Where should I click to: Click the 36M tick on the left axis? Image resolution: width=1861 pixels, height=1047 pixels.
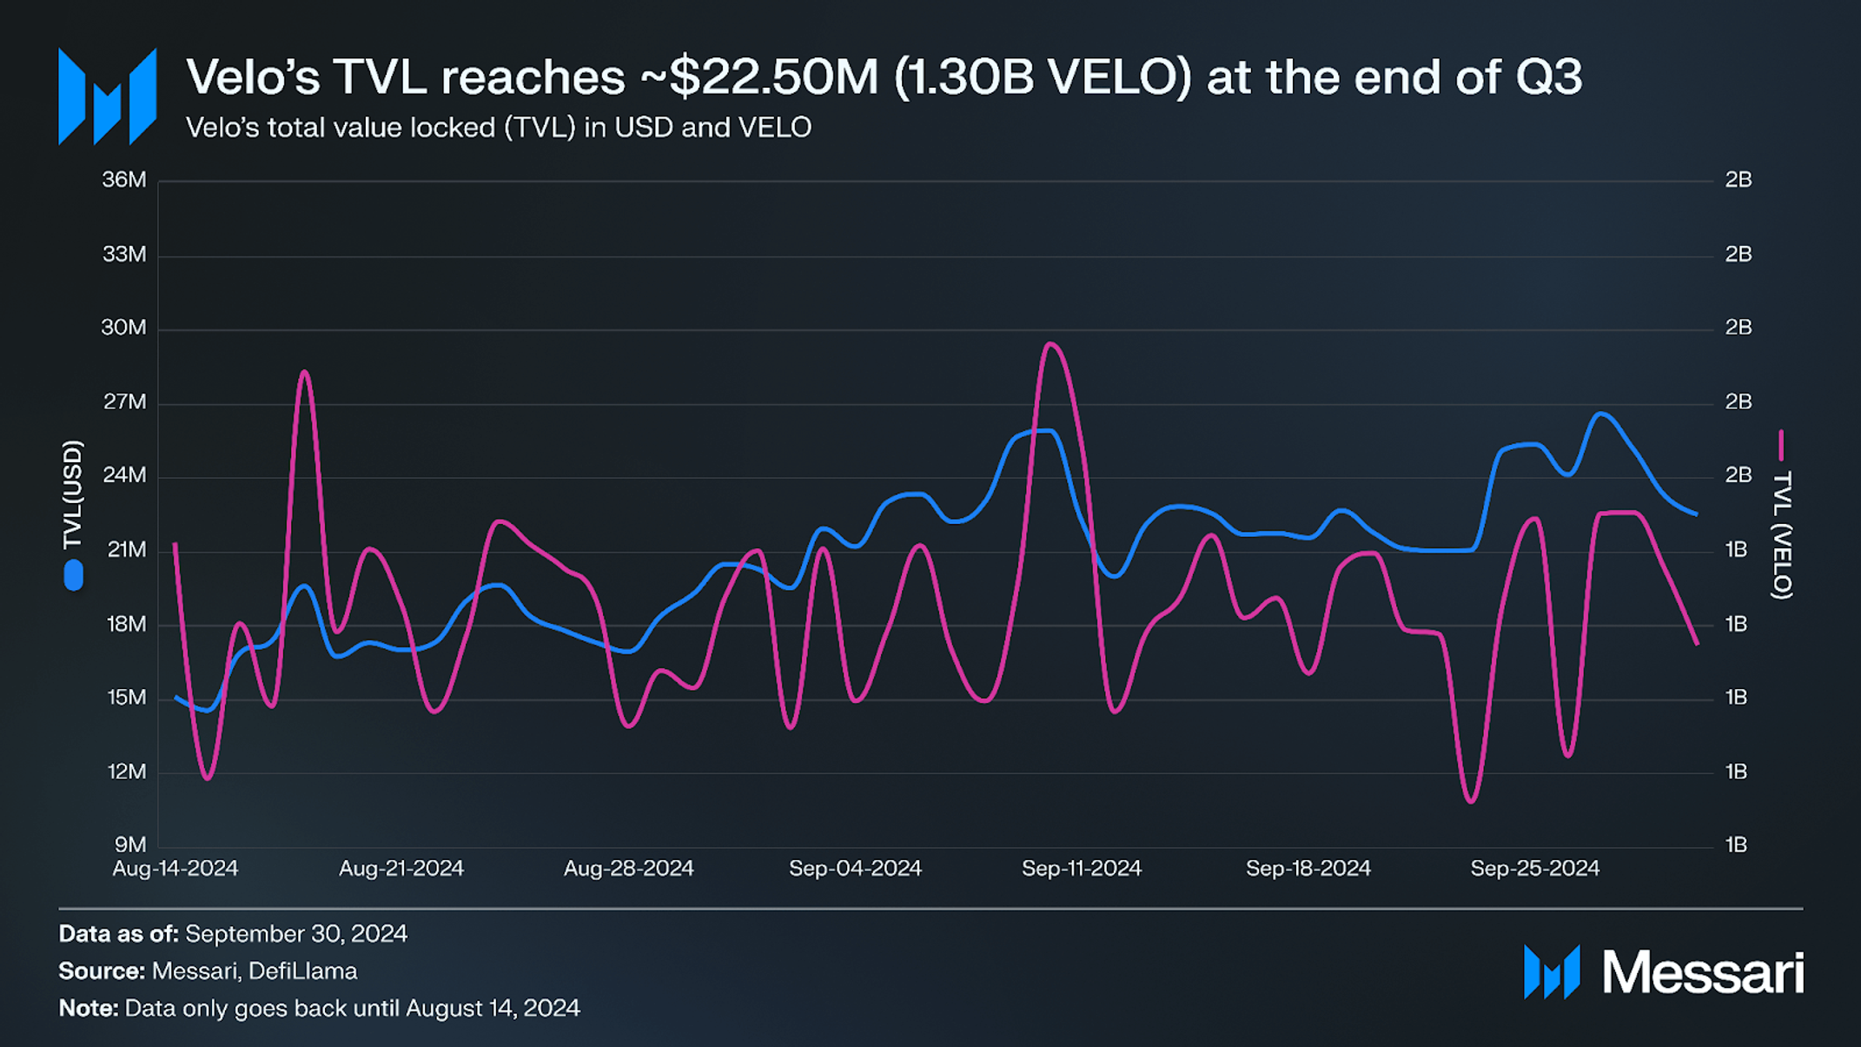point(124,180)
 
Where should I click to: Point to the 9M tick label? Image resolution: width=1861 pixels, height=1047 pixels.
point(130,845)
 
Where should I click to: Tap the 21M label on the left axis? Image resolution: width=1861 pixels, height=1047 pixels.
point(125,550)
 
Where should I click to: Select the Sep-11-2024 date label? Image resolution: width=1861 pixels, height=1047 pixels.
point(1081,869)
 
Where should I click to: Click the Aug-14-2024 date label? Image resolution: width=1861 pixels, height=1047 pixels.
point(175,869)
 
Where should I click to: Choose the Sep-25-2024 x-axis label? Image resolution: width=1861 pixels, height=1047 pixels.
point(1534,869)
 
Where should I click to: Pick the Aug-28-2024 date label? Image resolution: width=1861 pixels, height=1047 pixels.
point(628,869)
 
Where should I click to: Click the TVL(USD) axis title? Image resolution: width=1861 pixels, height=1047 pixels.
point(73,495)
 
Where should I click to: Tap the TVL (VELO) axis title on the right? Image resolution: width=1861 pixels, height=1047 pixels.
point(1782,534)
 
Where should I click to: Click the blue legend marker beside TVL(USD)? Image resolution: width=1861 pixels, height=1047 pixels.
point(74,575)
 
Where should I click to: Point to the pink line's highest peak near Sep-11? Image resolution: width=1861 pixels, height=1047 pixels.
point(1050,344)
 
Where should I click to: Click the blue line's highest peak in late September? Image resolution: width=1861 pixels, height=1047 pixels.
point(1601,414)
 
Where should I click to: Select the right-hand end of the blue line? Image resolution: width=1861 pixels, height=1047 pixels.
point(1696,514)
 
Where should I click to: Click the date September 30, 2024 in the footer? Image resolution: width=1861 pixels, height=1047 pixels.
point(296,933)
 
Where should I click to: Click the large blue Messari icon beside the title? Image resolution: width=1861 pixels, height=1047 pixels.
point(107,96)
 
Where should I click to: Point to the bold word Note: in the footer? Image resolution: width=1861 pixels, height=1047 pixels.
point(88,1008)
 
